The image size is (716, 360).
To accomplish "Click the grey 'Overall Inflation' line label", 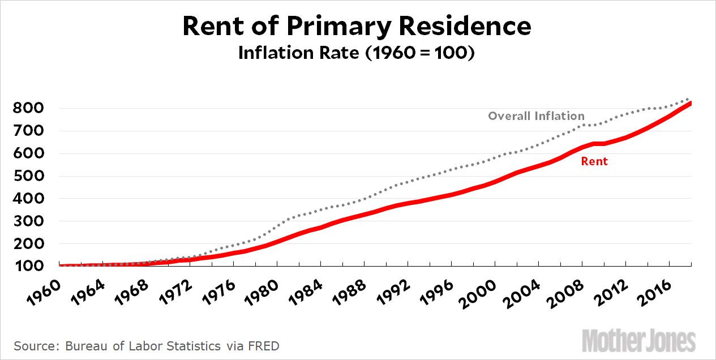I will (536, 116).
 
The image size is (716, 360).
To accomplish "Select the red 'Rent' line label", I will (594, 161).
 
